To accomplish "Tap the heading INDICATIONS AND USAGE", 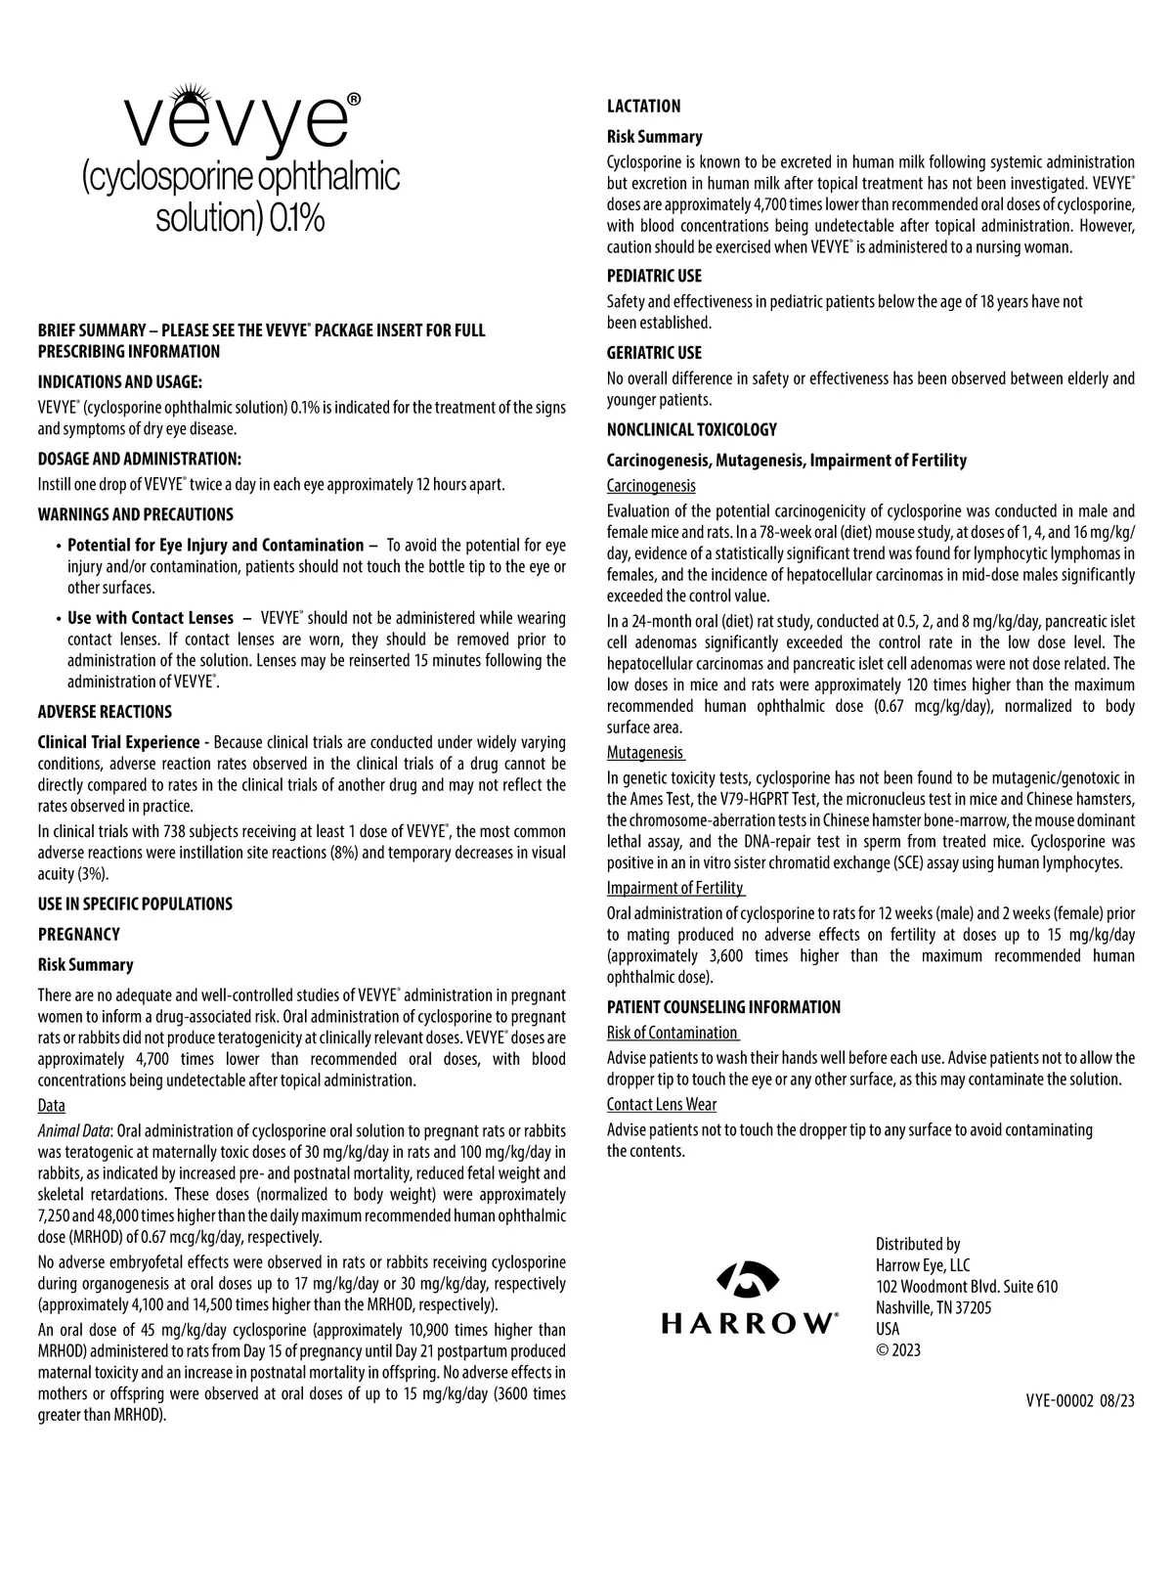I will pyautogui.click(x=120, y=382).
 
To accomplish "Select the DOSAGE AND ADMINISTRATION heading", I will pyautogui.click(x=139, y=460).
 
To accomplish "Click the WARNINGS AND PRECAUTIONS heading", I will pyautogui.click(x=135, y=514).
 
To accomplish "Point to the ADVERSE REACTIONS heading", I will pyautogui.click(x=105, y=712).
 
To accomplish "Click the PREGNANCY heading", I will pyautogui.click(x=78, y=934).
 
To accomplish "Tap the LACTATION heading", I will pyautogui.click(x=643, y=107).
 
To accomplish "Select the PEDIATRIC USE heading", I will pyautogui.click(x=654, y=276).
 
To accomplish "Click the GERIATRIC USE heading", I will pyautogui.click(x=654, y=353).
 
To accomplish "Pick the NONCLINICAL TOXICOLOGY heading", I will pyautogui.click(x=691, y=429).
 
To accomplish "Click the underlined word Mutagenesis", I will pyautogui.click(x=644, y=753).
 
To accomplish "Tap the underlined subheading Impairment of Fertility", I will pyautogui.click(x=674, y=888).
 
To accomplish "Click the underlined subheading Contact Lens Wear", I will pyautogui.click(x=661, y=1104).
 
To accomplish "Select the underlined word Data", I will pyautogui.click(x=51, y=1105).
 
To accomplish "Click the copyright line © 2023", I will pyautogui.click(x=898, y=1350).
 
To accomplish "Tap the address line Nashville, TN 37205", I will pyautogui.click(x=934, y=1308).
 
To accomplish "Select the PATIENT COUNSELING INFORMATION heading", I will pyautogui.click(x=723, y=1007).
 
